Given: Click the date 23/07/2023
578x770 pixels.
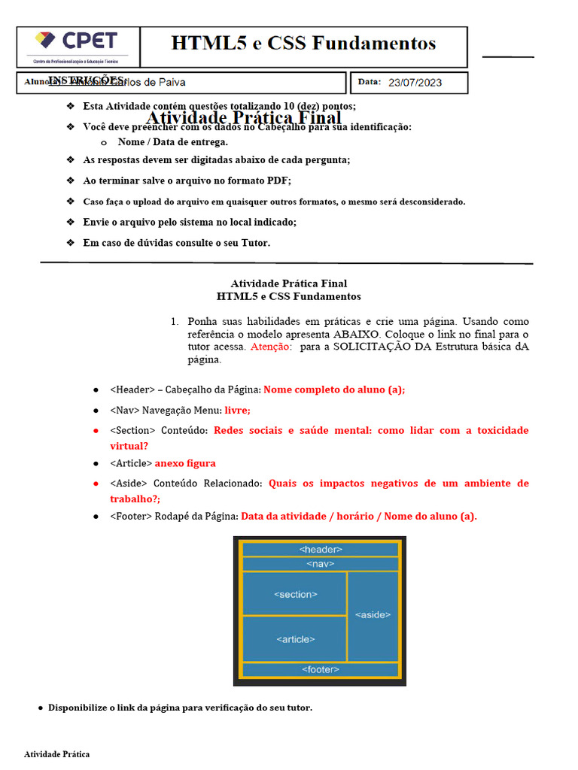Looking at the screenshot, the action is (x=415, y=83).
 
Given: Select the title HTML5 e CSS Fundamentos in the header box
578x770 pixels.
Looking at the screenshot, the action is (x=303, y=44).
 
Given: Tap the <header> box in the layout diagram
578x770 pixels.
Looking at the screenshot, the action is (x=321, y=550).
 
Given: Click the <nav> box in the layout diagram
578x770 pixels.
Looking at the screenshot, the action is (x=321, y=563).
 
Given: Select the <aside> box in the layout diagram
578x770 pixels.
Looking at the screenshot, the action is (x=373, y=615).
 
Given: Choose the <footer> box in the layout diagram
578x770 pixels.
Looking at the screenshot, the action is (x=321, y=669).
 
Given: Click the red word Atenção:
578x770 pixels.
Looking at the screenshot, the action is (x=271, y=347).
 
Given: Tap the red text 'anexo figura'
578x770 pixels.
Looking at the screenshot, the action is (x=185, y=463).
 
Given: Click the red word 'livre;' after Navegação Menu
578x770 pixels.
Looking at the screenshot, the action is (x=237, y=410).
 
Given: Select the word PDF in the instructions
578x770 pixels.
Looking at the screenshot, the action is (x=279, y=180).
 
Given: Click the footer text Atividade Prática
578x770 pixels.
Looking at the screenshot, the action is (x=56, y=753).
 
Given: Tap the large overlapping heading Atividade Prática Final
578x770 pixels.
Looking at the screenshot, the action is (x=243, y=118).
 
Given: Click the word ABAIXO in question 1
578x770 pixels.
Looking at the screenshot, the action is (x=357, y=334).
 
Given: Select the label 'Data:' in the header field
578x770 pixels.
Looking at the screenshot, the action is (x=370, y=82).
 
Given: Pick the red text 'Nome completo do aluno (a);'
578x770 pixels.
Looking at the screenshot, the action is (x=334, y=390).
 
